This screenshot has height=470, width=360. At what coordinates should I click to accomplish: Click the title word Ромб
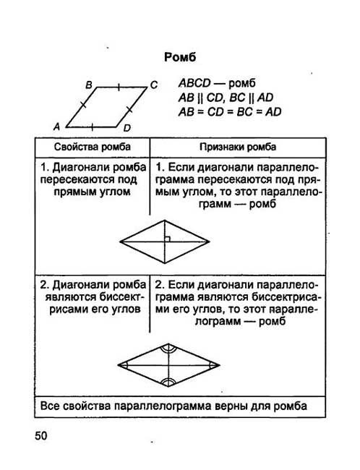point(180,57)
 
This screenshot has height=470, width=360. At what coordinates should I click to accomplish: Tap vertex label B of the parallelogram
point(89,85)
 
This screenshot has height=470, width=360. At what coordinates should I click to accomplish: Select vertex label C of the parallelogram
point(154,85)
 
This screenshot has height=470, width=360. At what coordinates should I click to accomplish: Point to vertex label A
point(56,127)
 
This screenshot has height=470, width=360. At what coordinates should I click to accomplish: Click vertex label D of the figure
point(127,128)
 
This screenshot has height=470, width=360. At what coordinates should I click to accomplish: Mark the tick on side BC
point(119,87)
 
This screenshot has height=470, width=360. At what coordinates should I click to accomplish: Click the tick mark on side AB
point(83,105)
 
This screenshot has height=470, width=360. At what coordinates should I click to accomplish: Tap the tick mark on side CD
point(129,110)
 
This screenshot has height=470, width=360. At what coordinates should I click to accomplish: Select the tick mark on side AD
point(92,127)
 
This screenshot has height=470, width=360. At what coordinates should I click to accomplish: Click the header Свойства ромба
point(93,147)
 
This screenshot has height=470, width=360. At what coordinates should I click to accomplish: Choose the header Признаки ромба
point(238,147)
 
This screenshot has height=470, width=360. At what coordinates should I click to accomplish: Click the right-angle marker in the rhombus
point(168,239)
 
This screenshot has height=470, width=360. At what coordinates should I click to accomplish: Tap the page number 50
point(41,435)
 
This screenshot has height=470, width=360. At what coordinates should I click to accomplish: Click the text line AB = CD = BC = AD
point(230,112)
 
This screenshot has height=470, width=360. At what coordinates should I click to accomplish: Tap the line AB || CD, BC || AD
point(226,98)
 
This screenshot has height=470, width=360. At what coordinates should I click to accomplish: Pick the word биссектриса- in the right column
point(286,297)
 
